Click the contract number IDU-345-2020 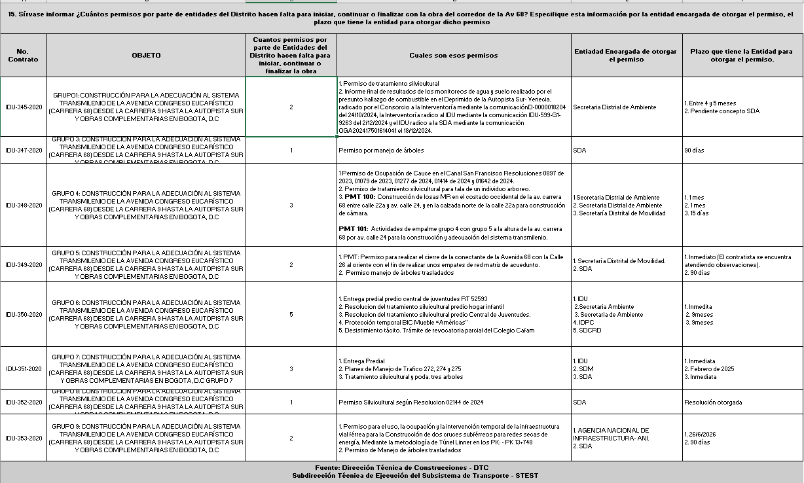point(23,107)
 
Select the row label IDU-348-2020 point(23,206)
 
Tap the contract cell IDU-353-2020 point(23,438)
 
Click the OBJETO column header point(146,56)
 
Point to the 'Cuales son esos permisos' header point(454,56)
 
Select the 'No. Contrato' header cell point(23,56)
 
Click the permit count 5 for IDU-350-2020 point(291,314)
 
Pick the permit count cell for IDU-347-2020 point(291,151)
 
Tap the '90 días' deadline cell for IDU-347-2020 point(694,151)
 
